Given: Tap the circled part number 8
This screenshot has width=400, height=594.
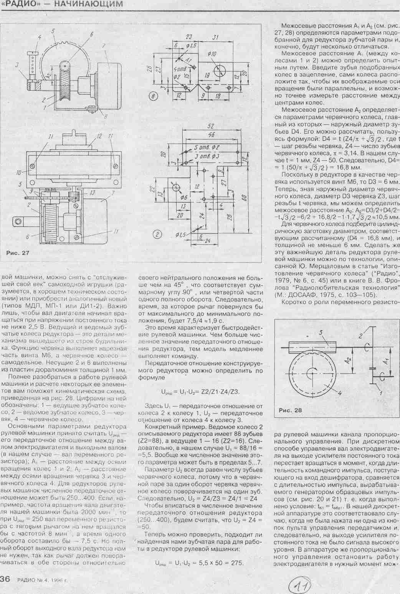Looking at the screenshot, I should click(154, 96).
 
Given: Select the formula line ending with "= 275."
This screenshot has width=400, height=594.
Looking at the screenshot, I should click(200, 563).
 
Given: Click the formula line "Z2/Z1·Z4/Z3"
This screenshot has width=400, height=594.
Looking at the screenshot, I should click(200, 392).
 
